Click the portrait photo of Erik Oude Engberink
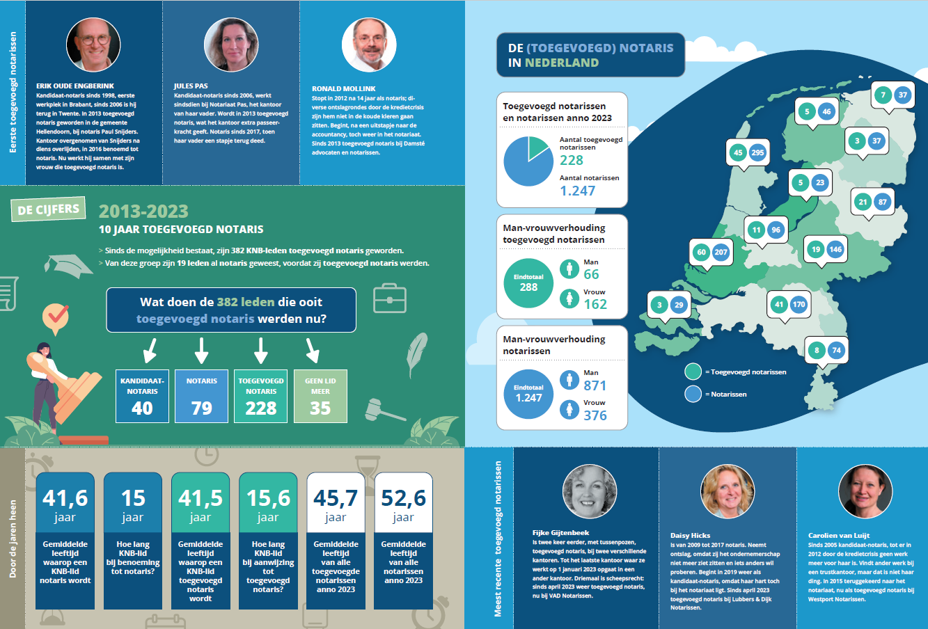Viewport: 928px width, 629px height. (x=93, y=45)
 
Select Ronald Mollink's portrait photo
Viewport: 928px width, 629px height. (x=369, y=45)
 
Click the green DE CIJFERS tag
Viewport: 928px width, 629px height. (x=48, y=209)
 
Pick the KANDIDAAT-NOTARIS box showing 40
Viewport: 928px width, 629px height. (x=142, y=396)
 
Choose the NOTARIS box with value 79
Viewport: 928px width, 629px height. (x=201, y=396)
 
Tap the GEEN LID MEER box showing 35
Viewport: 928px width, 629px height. (x=320, y=396)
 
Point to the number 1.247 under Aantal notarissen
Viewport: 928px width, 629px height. (x=578, y=191)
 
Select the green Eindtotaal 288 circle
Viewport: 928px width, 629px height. (x=528, y=282)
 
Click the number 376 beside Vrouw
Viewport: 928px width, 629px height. (x=595, y=415)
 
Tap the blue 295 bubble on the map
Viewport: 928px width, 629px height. (x=757, y=152)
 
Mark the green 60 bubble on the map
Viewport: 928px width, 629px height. (x=701, y=252)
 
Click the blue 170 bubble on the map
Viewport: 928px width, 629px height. (x=799, y=305)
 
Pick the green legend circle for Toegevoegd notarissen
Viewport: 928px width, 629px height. (x=693, y=372)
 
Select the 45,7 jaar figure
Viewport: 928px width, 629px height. (x=336, y=504)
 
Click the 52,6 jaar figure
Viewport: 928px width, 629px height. (x=404, y=504)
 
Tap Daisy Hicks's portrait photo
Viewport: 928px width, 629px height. (x=728, y=491)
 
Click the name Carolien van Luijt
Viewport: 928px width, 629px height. (x=838, y=536)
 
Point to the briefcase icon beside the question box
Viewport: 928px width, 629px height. (x=390, y=298)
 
